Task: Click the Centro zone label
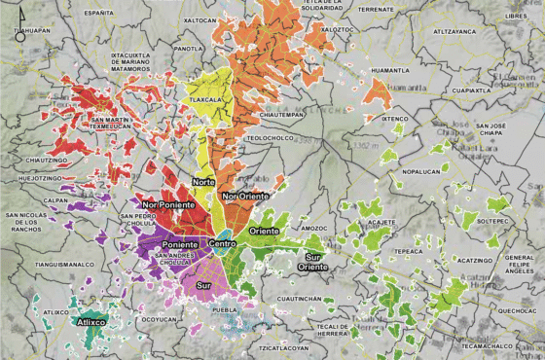coord(223,242)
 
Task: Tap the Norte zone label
coord(203,182)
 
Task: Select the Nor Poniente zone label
coord(163,205)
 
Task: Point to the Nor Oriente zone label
coord(243,197)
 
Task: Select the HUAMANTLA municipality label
coord(390,70)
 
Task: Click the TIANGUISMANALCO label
coord(64,263)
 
